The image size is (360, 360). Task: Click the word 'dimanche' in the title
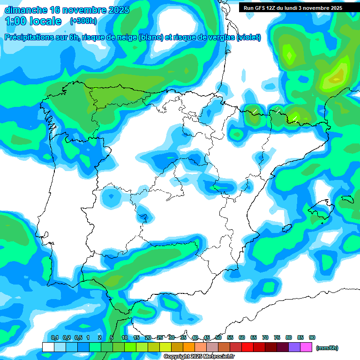click(25, 10)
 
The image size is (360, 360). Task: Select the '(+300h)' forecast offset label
click(83, 21)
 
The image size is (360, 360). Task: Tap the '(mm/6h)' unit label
click(327, 348)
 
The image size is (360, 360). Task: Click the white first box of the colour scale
click(48, 347)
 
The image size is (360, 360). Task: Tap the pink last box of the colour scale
click(306, 347)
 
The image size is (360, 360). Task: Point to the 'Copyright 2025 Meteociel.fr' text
click(199, 357)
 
